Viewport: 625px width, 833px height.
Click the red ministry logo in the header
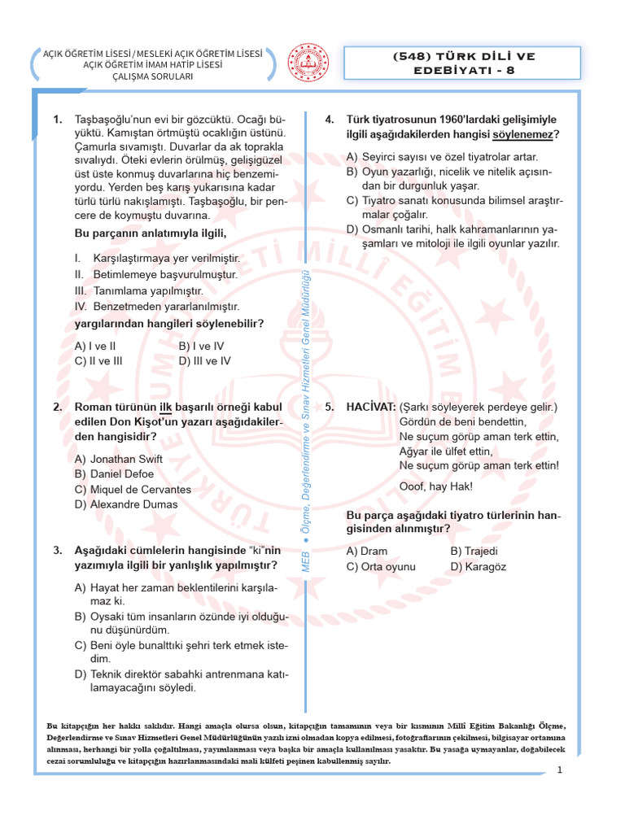click(310, 63)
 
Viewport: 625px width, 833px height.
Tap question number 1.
click(58, 120)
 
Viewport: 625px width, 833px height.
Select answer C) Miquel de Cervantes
click(133, 490)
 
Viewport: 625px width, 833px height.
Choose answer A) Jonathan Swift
click(119, 459)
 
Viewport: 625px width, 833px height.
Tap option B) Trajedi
click(474, 551)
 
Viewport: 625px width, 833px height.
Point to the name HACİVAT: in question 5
click(371, 407)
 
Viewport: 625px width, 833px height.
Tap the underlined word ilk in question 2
click(166, 407)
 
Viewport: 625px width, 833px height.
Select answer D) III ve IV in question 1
click(204, 360)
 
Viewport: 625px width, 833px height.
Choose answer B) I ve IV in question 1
click(201, 345)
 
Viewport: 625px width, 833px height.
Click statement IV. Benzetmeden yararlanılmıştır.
click(157, 307)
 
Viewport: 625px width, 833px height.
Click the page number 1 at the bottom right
click(561, 770)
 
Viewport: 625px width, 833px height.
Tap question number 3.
click(58, 551)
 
